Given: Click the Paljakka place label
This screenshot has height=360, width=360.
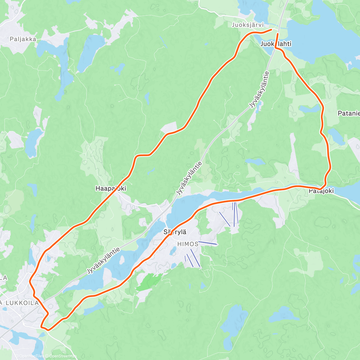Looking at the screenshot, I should (x=23, y=39).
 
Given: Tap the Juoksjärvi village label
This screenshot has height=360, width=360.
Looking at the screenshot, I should (x=248, y=25).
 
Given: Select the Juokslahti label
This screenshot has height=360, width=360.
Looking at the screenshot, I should (x=276, y=44).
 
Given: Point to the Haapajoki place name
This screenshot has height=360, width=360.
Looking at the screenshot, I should (x=111, y=188).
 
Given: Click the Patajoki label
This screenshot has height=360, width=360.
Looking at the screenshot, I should (x=321, y=191).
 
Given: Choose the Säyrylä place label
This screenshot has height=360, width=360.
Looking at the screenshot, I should (x=175, y=232).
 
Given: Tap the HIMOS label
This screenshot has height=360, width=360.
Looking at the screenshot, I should (x=188, y=244).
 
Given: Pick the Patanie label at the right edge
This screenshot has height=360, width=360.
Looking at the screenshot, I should (x=349, y=113).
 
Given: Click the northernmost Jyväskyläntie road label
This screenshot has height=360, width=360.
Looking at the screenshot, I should (x=258, y=90).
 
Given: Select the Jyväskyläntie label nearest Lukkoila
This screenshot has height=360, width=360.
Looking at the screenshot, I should (x=103, y=260).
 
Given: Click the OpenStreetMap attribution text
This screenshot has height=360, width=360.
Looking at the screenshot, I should (x=63, y=356).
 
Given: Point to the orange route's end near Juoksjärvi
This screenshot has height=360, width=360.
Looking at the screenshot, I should (x=271, y=29).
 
